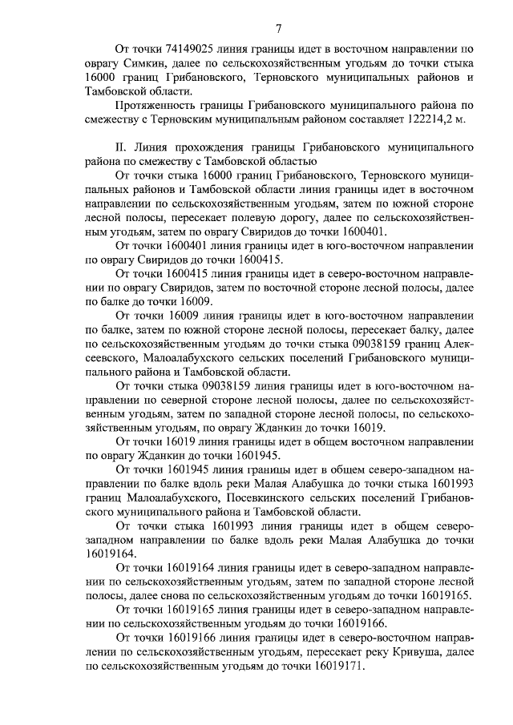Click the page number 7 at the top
(x=277, y=30)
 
